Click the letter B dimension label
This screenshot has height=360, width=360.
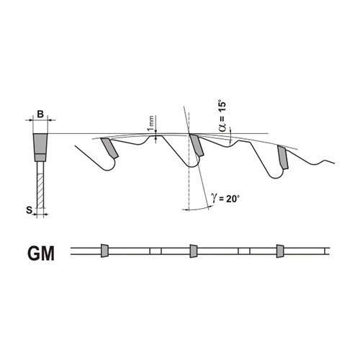[40, 114]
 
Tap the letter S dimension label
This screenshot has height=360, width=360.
[29, 210]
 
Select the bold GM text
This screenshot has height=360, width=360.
[41, 254]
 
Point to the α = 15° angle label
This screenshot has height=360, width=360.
[222, 116]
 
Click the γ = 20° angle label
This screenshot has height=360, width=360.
[225, 198]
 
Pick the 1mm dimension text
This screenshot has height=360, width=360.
[150, 122]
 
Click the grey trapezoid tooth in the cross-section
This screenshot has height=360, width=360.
[40, 144]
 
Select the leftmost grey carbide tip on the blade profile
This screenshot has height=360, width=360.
[110, 148]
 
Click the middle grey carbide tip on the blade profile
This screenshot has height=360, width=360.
[197, 145]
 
